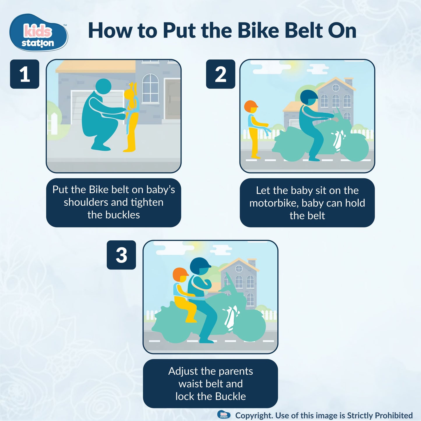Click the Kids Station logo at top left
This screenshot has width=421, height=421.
pyautogui.click(x=38, y=33)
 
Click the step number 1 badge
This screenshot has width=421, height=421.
pyautogui.click(x=25, y=74)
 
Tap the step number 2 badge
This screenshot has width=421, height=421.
pyautogui.click(x=221, y=74)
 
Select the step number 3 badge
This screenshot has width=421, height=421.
pyautogui.click(x=121, y=255)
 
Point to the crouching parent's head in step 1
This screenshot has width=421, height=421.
pyautogui.click(x=103, y=86)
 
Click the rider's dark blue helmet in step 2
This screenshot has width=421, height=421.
pyautogui.click(x=309, y=96)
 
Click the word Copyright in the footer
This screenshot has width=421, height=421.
pyautogui.click(x=254, y=415)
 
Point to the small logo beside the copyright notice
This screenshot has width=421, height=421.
pyautogui.click(x=224, y=415)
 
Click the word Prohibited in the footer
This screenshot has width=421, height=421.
pyautogui.click(x=394, y=415)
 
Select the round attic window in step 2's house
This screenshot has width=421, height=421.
pyautogui.click(x=336, y=88)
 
